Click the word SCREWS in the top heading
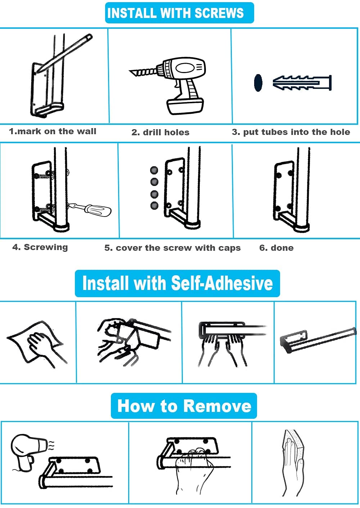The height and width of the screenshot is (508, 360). (219, 13)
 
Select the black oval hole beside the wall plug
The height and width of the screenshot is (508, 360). (258, 83)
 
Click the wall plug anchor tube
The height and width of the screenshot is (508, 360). (302, 82)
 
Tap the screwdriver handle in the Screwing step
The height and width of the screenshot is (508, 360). (98, 210)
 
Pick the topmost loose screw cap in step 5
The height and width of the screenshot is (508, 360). (154, 170)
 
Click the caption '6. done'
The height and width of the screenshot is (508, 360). (276, 248)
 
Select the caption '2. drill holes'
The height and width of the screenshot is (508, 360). (160, 132)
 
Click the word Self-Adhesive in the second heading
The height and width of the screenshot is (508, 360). (222, 283)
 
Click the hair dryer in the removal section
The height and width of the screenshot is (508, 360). (29, 452)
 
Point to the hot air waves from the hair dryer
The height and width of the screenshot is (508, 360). (51, 445)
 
